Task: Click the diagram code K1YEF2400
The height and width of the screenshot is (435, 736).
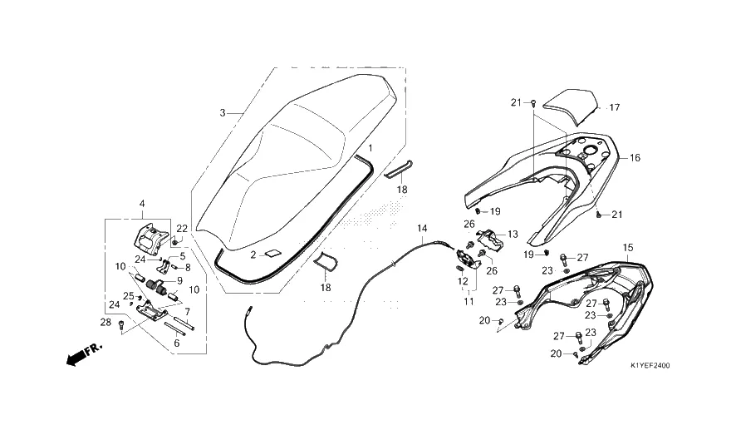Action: (650, 365)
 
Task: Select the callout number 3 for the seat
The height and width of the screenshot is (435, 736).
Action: (223, 113)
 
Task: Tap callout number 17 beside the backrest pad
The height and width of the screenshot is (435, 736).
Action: (615, 107)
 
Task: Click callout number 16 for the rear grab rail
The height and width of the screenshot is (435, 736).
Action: (635, 158)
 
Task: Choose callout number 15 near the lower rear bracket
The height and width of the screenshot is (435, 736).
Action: (627, 248)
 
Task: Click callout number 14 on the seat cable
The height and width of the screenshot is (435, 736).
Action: (422, 229)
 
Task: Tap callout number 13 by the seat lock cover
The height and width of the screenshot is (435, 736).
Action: (513, 234)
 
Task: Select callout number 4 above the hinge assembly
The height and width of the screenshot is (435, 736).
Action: (142, 204)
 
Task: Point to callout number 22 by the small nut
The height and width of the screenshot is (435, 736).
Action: (182, 229)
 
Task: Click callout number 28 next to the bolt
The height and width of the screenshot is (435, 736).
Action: (105, 322)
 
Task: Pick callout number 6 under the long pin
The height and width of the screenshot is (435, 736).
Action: (176, 344)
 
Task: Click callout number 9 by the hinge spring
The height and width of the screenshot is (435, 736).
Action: (179, 281)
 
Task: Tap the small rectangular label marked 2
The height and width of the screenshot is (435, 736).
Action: (272, 255)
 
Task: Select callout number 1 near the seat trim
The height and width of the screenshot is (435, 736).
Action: (370, 148)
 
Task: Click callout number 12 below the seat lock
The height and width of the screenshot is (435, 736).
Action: (463, 281)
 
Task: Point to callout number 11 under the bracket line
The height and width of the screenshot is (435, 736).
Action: (469, 302)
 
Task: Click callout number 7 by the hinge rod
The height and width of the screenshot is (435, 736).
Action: (187, 311)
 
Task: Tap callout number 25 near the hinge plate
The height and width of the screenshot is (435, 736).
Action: (128, 296)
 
